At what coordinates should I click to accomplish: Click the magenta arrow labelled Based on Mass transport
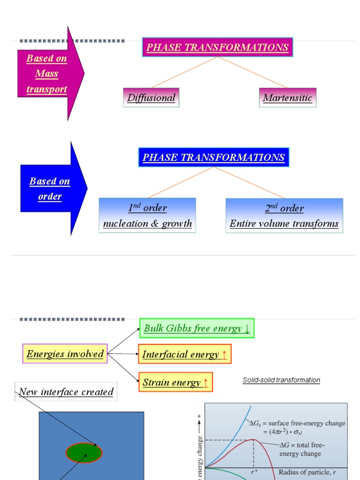tap(49, 74)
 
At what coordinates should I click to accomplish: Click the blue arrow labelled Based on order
tap(52, 188)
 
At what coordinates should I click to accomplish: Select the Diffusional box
tap(151, 97)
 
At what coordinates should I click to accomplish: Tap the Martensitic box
tap(287, 97)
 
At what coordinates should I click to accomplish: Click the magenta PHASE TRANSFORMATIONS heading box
tap(217, 47)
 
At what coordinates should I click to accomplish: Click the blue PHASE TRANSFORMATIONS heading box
tap(214, 157)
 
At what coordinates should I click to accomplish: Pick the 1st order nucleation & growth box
tap(147, 216)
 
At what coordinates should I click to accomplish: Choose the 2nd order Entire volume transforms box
tap(284, 216)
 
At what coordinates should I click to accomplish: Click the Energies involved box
tap(65, 354)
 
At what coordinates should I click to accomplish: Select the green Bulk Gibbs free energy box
tap(197, 328)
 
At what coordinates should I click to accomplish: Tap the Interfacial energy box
tap(185, 354)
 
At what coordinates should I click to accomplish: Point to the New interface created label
tap(66, 392)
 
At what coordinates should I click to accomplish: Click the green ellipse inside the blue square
tap(84, 452)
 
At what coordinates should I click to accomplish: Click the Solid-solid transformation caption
tap(281, 380)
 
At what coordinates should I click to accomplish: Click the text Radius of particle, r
tap(307, 472)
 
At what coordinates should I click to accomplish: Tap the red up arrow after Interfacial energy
tap(224, 355)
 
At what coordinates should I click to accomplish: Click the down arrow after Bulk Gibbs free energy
tap(247, 329)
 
